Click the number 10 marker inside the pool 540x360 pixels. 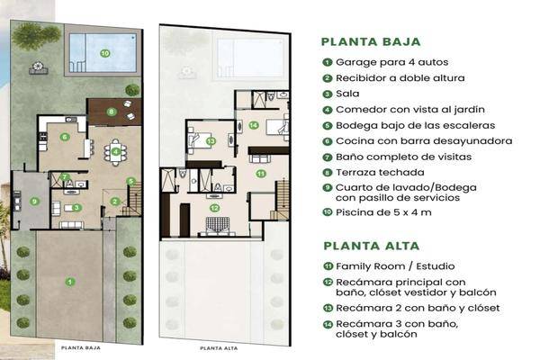click(105, 53)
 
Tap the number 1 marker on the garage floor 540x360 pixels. click(69, 282)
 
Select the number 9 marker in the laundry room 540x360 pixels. click(33, 201)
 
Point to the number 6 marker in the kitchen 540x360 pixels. click(65, 137)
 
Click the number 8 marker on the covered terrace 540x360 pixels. click(111, 112)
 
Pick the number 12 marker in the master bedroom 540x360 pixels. click(215, 208)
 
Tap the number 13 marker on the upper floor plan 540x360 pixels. click(210, 140)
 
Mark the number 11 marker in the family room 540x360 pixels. click(261, 172)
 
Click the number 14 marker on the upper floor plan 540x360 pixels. click(255, 125)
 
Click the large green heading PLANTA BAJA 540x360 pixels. click(371, 40)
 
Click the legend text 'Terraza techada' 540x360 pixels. click(372, 172)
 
